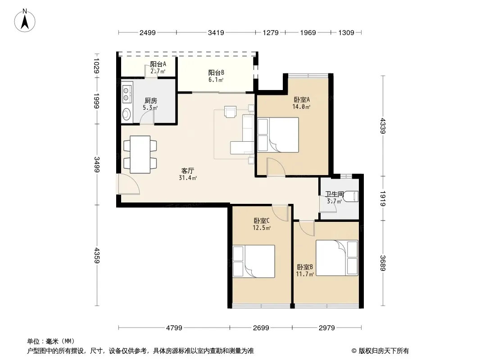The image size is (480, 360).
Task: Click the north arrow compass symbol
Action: (x=25, y=20)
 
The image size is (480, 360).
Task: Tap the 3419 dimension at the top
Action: (x=216, y=32)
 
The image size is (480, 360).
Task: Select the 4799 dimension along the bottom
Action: (x=174, y=328)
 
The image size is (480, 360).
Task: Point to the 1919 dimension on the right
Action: (x=383, y=198)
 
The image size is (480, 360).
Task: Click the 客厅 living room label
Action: (x=188, y=171)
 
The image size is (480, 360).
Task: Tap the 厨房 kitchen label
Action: (x=150, y=100)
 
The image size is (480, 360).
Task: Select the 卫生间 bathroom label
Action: (x=334, y=194)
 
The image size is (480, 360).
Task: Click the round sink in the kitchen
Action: (x=127, y=114)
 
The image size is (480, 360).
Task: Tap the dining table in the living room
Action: (x=140, y=154)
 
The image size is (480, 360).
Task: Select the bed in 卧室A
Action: (x=278, y=135)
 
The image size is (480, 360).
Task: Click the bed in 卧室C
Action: (x=254, y=261)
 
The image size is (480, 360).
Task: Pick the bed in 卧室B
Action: (x=337, y=258)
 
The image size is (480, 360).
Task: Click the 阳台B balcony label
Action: (x=216, y=72)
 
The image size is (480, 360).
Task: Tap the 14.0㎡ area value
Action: (x=301, y=107)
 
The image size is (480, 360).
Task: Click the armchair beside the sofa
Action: (x=230, y=111)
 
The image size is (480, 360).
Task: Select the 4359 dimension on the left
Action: (x=97, y=255)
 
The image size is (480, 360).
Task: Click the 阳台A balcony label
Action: (x=158, y=64)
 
